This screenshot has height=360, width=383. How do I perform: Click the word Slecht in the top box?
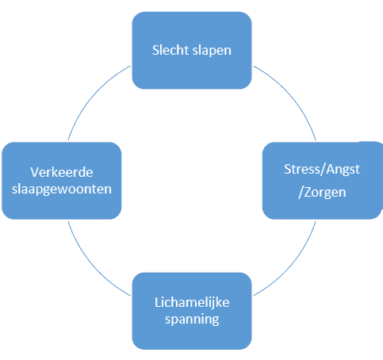click(170, 50)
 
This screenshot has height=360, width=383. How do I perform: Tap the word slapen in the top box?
click(212, 51)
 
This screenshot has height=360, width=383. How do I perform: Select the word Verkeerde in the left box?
click(62, 172)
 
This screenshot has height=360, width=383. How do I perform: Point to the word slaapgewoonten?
click(62, 190)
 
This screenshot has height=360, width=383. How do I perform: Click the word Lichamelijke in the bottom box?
click(192, 303)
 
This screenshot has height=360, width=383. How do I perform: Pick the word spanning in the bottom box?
click(192, 320)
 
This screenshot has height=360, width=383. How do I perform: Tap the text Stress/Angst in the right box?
click(322, 170)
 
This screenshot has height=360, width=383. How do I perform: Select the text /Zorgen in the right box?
click(322, 193)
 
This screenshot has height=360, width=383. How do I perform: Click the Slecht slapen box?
click(192, 50)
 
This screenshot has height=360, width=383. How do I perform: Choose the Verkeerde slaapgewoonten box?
click(62, 181)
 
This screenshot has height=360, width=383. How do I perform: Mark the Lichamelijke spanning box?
click(192, 311)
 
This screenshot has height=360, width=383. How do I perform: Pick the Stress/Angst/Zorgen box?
click(323, 181)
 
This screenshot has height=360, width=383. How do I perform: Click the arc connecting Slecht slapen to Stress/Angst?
click(291, 95)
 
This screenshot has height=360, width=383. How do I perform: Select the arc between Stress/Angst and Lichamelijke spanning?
click(291, 266)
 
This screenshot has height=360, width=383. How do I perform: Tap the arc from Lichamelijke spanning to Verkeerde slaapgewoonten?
click(93, 266)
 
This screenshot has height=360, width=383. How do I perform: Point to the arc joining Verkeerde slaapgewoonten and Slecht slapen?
click(93, 95)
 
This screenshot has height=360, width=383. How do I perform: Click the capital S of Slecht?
click(155, 50)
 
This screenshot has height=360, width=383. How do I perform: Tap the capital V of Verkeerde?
click(35, 172)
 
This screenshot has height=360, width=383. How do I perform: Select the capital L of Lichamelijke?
click(158, 302)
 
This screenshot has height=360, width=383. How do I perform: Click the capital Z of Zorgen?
click(308, 193)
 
